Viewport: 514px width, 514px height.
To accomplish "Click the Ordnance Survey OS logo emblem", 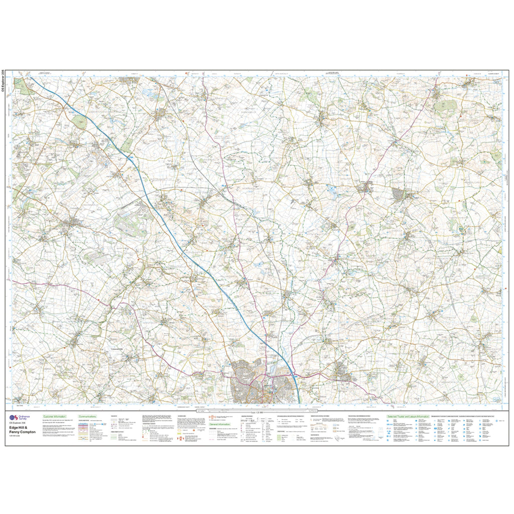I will point(15,418).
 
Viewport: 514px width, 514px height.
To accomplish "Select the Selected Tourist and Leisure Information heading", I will point(408,417).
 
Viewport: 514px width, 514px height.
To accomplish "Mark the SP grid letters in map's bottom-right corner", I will point(496,399).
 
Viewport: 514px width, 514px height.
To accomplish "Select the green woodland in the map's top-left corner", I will point(22,86).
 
